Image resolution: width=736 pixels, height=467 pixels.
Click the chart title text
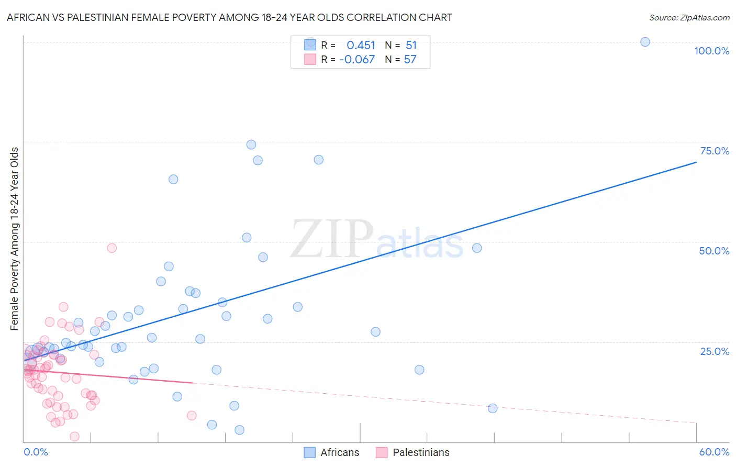229,17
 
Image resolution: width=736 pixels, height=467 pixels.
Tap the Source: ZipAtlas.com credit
689,17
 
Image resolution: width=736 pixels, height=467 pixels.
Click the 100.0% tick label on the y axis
711,51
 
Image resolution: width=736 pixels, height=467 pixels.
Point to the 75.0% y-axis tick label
715,151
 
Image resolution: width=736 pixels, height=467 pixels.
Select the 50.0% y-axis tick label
714,251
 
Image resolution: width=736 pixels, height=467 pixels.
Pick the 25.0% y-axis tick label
715,351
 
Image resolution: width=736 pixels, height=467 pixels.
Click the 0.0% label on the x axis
36,452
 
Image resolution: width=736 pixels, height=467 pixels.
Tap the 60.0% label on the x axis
714,452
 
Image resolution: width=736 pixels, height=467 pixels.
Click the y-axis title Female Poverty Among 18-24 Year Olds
15,239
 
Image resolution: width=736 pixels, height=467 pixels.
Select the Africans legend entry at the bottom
332,452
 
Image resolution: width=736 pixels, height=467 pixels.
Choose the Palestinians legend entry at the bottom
413,452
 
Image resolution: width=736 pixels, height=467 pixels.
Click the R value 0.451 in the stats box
361,46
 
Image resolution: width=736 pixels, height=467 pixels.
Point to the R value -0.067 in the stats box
357,60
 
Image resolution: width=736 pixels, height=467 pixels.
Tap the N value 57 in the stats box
410,60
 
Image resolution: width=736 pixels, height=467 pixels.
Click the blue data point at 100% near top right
645,42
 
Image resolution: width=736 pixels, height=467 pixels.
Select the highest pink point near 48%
111,248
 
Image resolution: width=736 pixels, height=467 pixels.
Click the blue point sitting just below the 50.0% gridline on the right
477,248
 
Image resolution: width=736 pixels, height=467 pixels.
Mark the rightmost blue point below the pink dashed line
493,408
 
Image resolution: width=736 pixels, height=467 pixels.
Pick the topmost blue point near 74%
251,144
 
